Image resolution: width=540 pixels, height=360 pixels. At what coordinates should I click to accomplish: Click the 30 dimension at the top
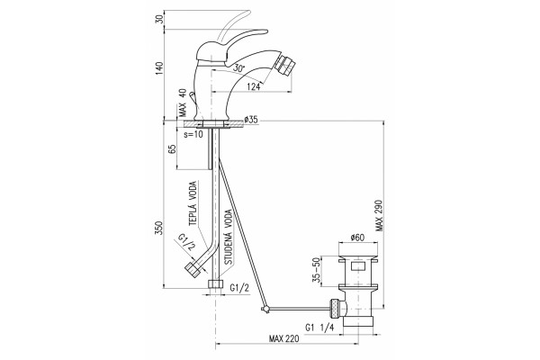pyautogui.click(x=158, y=19)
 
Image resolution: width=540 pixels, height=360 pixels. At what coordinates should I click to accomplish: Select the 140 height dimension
pyautogui.click(x=158, y=68)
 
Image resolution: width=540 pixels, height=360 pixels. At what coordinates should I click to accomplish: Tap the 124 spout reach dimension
pyautogui.click(x=254, y=86)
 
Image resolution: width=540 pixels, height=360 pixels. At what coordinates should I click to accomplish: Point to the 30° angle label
pyautogui.click(x=238, y=67)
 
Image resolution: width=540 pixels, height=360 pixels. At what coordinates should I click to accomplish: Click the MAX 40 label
pyautogui.click(x=183, y=103)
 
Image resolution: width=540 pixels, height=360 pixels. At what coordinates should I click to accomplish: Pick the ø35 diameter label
pyautogui.click(x=251, y=120)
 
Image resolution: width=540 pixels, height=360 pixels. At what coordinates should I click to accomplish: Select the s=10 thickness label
pyautogui.click(x=193, y=134)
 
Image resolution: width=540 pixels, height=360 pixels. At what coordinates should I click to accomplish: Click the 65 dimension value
pyautogui.click(x=172, y=148)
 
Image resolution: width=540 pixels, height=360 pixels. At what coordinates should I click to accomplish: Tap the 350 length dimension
pyautogui.click(x=158, y=228)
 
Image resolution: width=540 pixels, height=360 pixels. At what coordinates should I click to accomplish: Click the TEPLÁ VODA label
pyautogui.click(x=193, y=203)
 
